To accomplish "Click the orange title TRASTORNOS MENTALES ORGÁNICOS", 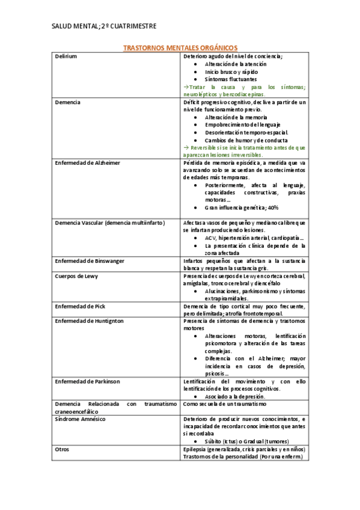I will pos(180,47).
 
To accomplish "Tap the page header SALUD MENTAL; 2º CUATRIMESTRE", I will pos(105,26).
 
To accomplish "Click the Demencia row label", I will pos(67,102).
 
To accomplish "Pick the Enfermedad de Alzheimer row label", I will pos(87,163).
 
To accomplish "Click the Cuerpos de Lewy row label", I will pos(76,276).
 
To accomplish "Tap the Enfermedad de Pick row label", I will pos(80,306).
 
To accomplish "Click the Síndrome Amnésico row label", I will pos(80,418).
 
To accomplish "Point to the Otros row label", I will pos(62,449).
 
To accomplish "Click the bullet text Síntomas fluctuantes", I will pos(230,79).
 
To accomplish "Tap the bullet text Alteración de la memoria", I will pos(236,117).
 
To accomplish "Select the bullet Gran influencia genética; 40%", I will pos(242,207).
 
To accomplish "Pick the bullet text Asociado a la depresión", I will pos(235,396).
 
